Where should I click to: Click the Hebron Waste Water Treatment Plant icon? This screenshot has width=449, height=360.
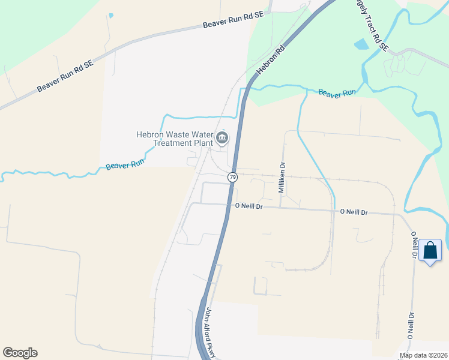coord(222,138)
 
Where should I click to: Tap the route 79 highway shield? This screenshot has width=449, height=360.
coord(232,177)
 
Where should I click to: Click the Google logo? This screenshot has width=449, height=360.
coord(20,353)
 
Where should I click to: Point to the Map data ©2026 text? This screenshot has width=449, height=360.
coord(424,355)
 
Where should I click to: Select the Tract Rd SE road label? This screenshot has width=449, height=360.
coord(373,26)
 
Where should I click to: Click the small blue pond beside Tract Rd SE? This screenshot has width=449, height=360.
coord(361,44)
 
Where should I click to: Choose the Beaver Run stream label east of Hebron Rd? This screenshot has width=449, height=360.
coord(337,93)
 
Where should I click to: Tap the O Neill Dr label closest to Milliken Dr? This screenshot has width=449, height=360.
coord(249,206)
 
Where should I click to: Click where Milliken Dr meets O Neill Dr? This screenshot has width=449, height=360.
coord(280,208)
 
